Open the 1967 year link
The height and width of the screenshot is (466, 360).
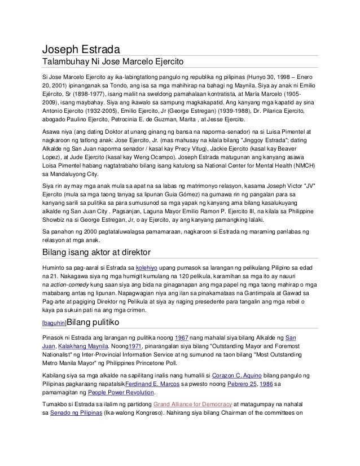tap(181, 337)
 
